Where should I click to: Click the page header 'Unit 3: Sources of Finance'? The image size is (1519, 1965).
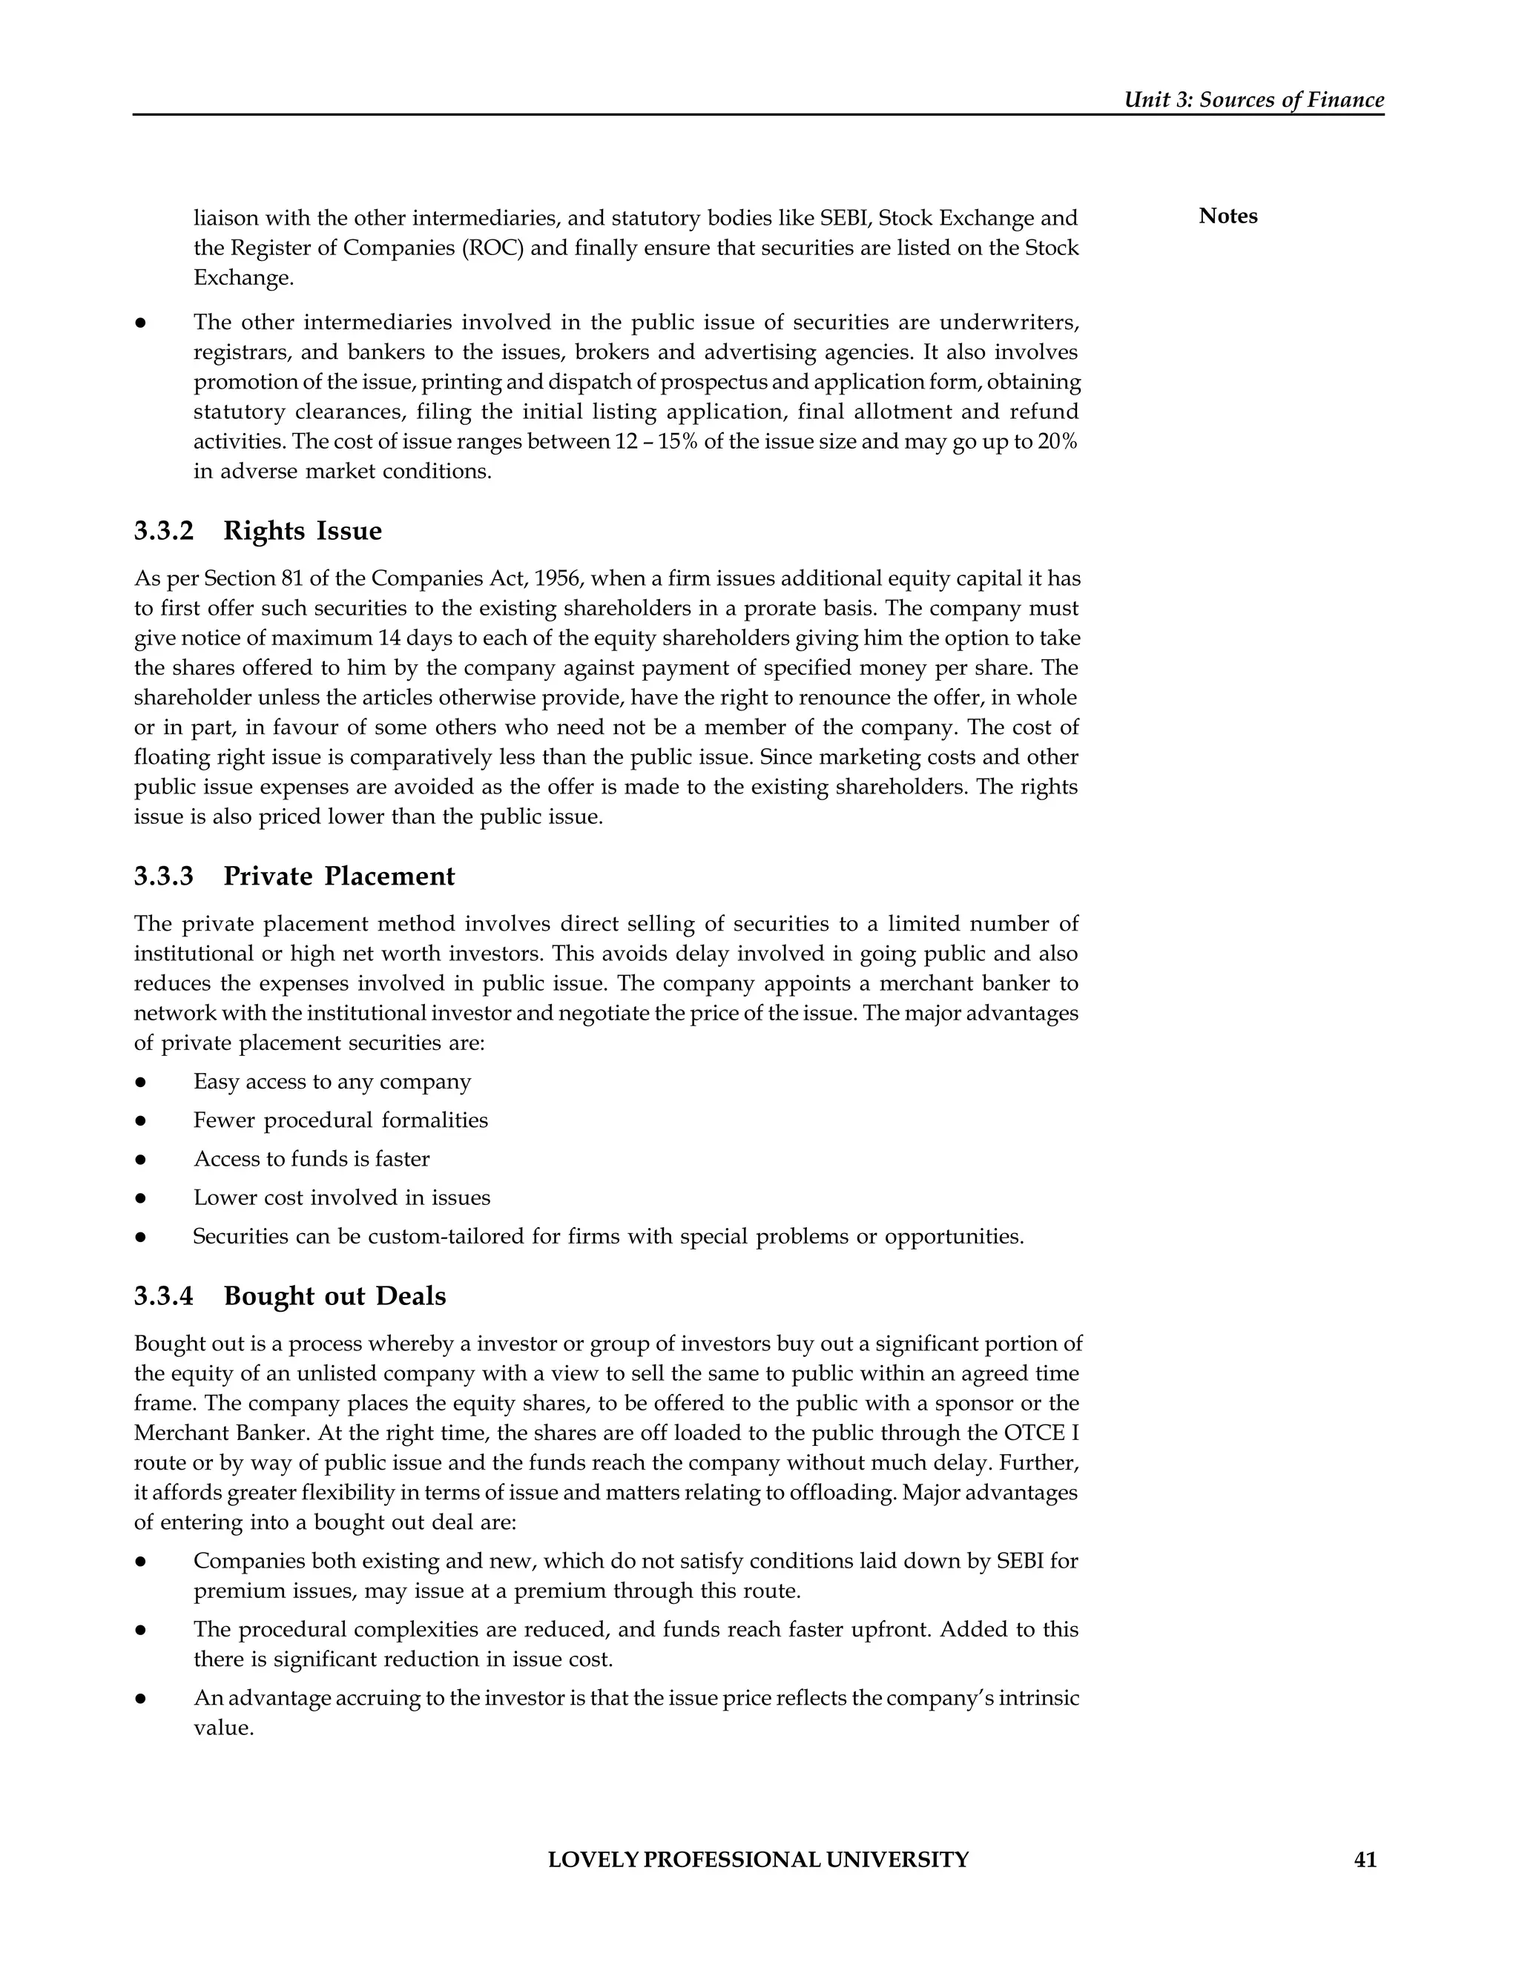[1253, 100]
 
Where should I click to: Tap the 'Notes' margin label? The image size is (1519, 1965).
[1228, 216]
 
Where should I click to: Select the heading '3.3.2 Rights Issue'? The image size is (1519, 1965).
[257, 531]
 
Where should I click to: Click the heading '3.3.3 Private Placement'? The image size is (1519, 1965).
[294, 876]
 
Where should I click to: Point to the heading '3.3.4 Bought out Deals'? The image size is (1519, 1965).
[290, 1295]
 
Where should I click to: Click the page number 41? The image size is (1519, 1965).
[1365, 1860]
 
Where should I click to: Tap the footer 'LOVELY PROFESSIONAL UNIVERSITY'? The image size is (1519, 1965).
[758, 1860]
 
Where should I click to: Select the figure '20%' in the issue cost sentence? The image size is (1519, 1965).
[1058, 442]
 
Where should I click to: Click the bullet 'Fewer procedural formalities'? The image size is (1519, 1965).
[340, 1120]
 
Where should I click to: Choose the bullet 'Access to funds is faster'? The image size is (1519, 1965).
[312, 1159]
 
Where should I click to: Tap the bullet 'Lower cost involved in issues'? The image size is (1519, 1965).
[342, 1198]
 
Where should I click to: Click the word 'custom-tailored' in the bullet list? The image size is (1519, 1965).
[447, 1236]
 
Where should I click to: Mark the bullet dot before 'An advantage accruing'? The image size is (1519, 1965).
[141, 1700]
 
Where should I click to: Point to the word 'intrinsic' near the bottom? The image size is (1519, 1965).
[1041, 1699]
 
